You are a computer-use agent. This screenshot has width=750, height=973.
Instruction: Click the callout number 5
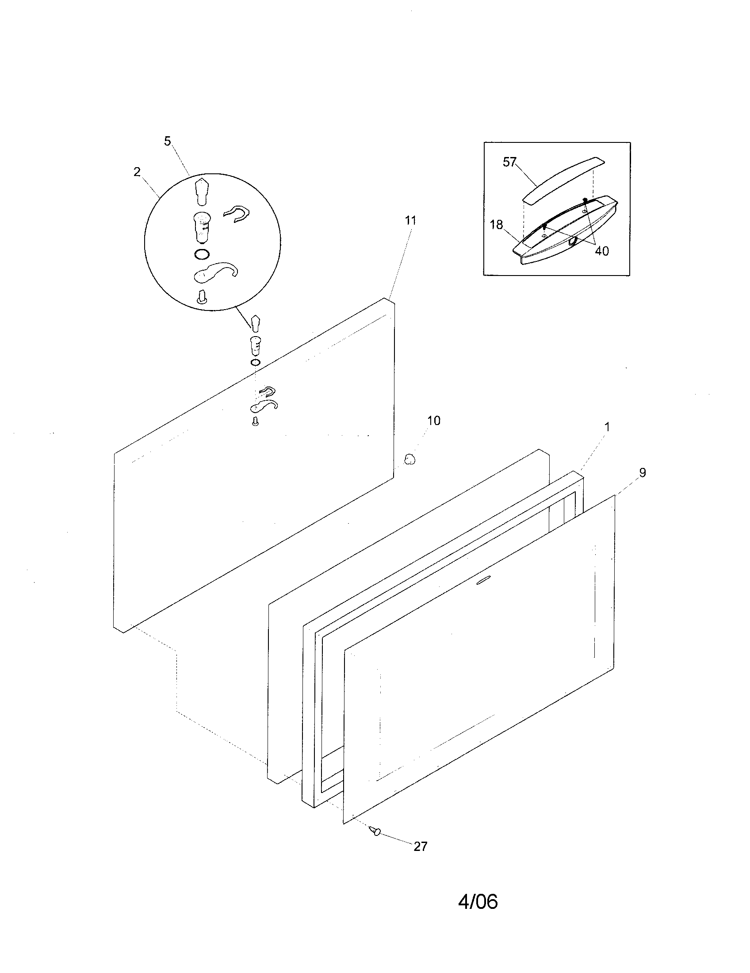tap(167, 141)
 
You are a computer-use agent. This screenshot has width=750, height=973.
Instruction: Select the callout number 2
tap(137, 172)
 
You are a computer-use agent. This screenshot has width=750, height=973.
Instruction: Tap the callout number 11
tap(410, 220)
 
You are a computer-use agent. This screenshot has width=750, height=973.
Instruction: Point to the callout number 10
tap(433, 421)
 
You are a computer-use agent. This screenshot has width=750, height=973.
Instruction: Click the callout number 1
tap(607, 427)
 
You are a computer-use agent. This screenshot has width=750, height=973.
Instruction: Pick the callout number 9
tap(642, 473)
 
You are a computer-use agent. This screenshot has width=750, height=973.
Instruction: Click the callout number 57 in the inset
tap(509, 162)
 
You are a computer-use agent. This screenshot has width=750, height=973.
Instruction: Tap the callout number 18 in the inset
tap(496, 225)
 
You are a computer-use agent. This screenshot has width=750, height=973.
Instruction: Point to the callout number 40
tap(601, 251)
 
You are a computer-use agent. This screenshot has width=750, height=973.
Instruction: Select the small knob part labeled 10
tap(409, 459)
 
